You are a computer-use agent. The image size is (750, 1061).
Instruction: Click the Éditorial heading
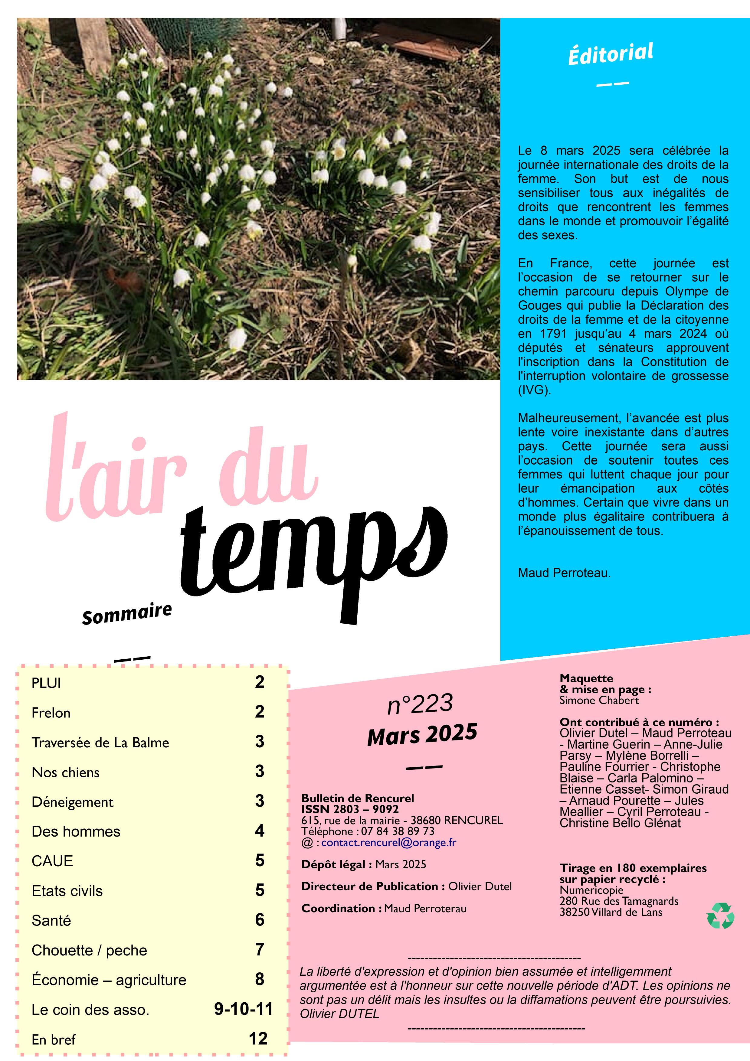[x=611, y=54]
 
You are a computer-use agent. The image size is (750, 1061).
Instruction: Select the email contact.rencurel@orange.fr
[x=389, y=842]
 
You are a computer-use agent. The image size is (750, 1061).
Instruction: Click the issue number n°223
[x=420, y=704]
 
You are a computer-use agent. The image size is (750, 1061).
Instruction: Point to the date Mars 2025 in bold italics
[x=422, y=734]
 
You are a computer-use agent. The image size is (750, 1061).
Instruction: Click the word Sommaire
[x=127, y=614]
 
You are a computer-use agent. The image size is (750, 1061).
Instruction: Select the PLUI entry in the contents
[x=46, y=683]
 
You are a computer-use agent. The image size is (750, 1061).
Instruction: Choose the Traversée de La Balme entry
[x=100, y=742]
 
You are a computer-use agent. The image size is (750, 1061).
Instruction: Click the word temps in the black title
[x=314, y=559]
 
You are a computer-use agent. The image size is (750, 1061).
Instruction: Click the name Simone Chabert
[x=599, y=700]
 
